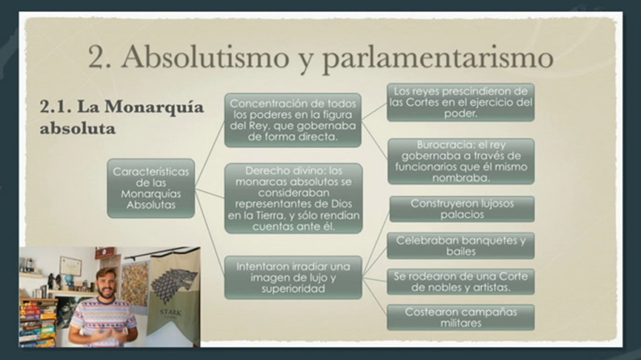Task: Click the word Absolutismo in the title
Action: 205,57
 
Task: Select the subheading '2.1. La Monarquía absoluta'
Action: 121,117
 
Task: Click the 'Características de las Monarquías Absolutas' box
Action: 151,188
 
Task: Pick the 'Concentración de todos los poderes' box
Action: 292,120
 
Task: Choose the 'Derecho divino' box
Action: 293,198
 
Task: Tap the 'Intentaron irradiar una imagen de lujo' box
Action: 293,278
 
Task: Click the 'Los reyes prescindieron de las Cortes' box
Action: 460,103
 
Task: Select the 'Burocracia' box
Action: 461,161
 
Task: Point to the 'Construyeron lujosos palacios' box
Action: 462,209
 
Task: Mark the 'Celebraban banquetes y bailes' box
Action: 460,246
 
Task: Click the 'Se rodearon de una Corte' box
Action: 460,282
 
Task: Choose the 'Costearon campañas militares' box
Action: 460,317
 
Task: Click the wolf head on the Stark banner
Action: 175,285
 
